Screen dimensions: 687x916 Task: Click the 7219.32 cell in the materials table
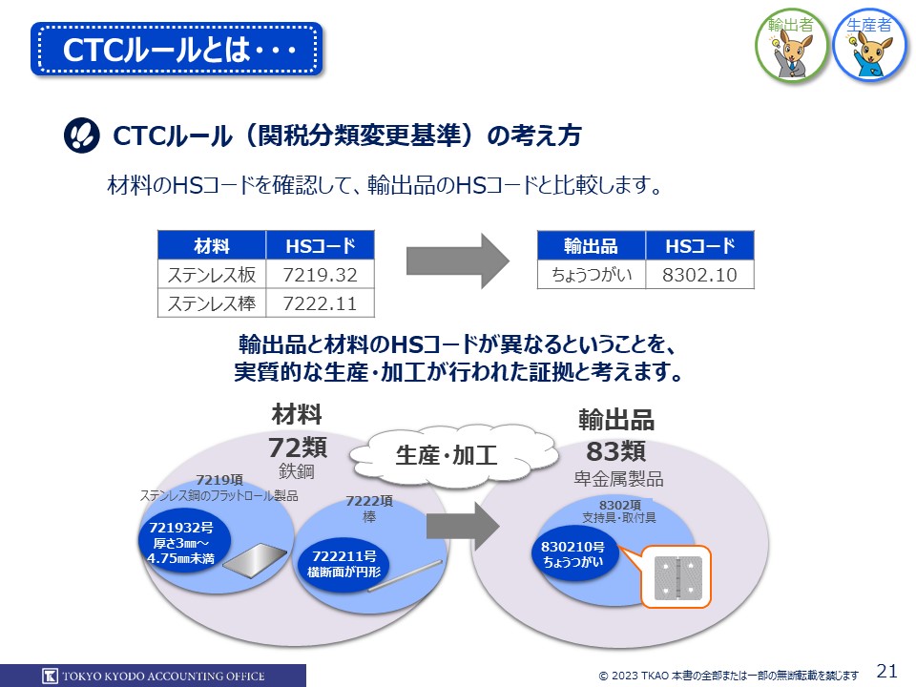point(321,275)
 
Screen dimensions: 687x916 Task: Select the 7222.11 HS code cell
point(321,304)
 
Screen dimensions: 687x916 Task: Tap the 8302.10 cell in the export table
point(699,275)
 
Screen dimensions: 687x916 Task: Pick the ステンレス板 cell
point(212,275)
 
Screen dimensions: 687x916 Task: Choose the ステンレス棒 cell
point(212,304)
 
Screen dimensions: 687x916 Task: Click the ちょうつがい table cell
point(592,275)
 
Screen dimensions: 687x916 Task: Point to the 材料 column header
point(212,246)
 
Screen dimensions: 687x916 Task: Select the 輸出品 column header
point(592,246)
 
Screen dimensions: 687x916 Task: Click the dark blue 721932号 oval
point(180,541)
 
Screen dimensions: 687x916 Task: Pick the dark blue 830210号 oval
point(572,554)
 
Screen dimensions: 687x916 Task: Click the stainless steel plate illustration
point(253,563)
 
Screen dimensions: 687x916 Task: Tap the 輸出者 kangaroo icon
point(791,44)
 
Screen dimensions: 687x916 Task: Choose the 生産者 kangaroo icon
point(869,44)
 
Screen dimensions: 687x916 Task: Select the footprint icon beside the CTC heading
point(81,135)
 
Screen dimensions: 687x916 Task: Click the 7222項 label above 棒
point(368,501)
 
